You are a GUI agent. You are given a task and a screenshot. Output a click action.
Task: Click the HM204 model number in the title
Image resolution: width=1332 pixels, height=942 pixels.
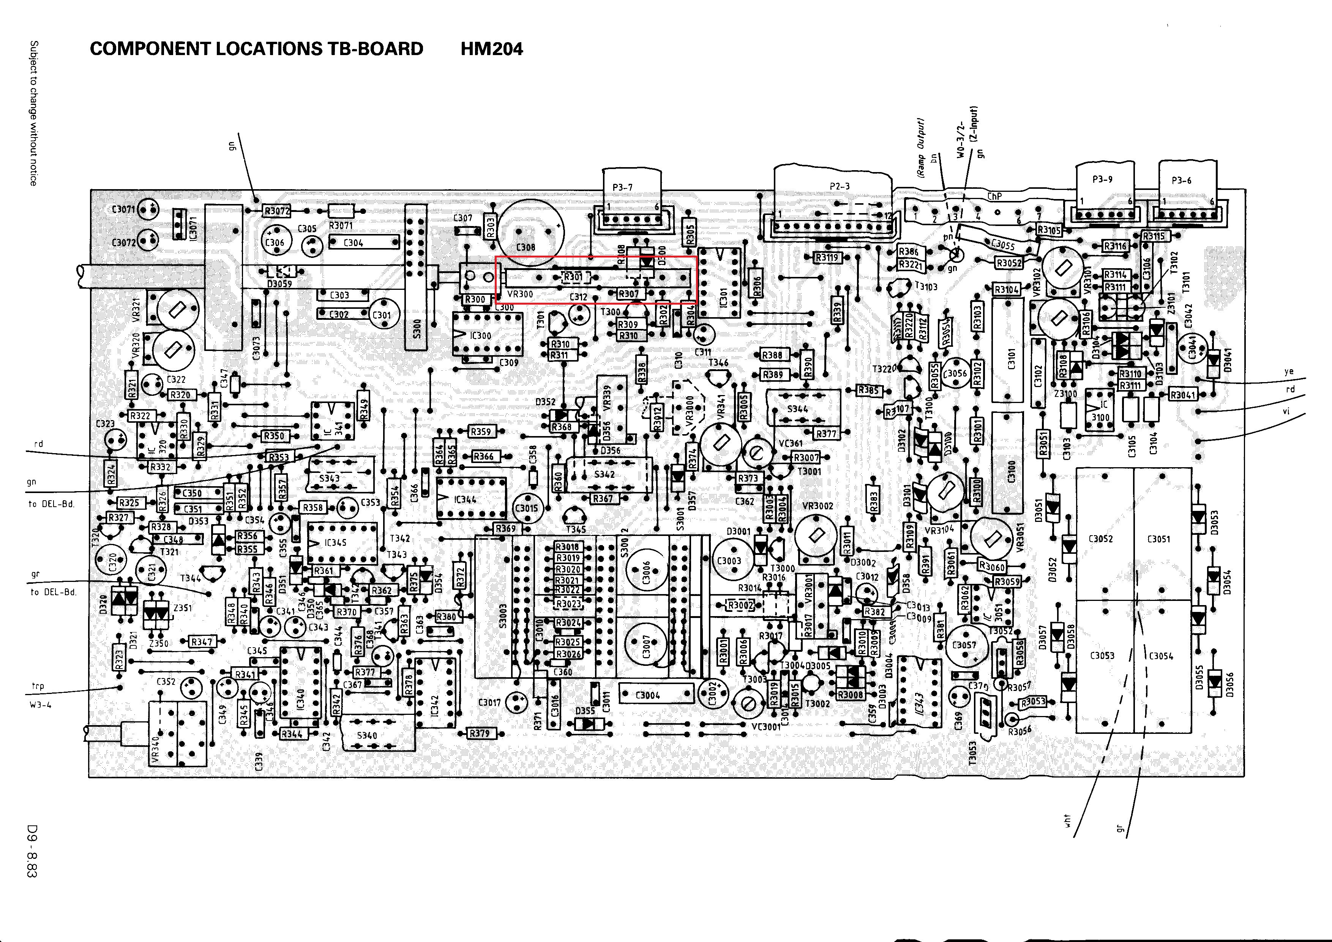(491, 49)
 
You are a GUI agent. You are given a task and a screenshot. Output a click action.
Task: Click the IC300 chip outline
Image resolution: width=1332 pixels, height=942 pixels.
(487, 335)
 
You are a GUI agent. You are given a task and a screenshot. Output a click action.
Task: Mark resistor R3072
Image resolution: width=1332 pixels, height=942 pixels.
(277, 211)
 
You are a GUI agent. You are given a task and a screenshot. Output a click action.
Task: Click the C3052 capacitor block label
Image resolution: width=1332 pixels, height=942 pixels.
(1100, 539)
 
